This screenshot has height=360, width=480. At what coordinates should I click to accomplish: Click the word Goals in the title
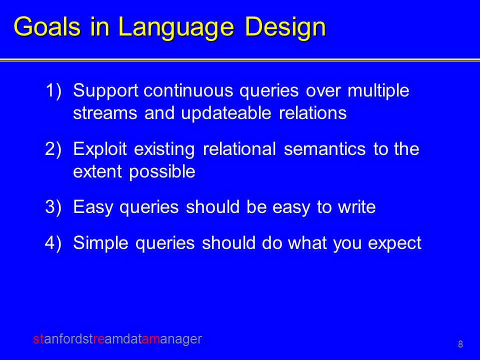pyautogui.click(x=47, y=26)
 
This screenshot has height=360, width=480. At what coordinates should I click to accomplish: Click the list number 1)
pyautogui.click(x=53, y=90)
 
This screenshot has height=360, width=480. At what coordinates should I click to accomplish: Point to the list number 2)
pyautogui.click(x=53, y=149)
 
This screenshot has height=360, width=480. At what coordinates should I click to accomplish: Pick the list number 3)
pyautogui.click(x=53, y=207)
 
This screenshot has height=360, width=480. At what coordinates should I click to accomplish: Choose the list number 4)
pyautogui.click(x=53, y=243)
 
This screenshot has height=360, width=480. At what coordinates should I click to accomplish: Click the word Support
pyautogui.click(x=106, y=91)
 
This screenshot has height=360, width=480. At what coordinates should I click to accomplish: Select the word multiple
pyautogui.click(x=378, y=91)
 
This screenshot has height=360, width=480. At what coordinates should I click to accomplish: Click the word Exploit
pyautogui.click(x=100, y=149)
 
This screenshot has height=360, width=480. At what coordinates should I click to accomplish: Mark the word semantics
pyautogui.click(x=325, y=149)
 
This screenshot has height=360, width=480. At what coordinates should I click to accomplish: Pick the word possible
pyautogui.click(x=162, y=172)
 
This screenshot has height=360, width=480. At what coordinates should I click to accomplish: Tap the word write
pyautogui.click(x=356, y=207)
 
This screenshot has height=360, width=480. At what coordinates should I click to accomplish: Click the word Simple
pyautogui.click(x=100, y=243)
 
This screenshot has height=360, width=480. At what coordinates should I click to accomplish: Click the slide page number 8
pyautogui.click(x=460, y=344)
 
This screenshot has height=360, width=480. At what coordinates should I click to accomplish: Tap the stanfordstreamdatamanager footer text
pyautogui.click(x=117, y=339)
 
